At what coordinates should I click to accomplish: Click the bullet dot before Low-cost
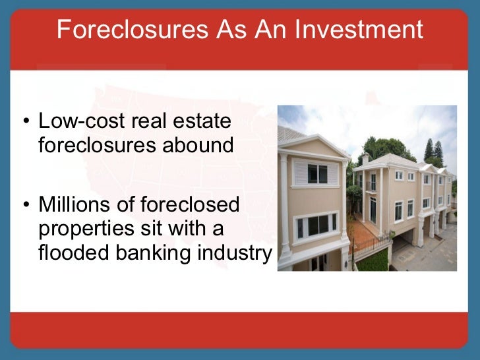point(25,122)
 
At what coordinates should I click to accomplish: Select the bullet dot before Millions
point(25,205)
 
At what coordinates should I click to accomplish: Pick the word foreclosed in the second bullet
point(194,204)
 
